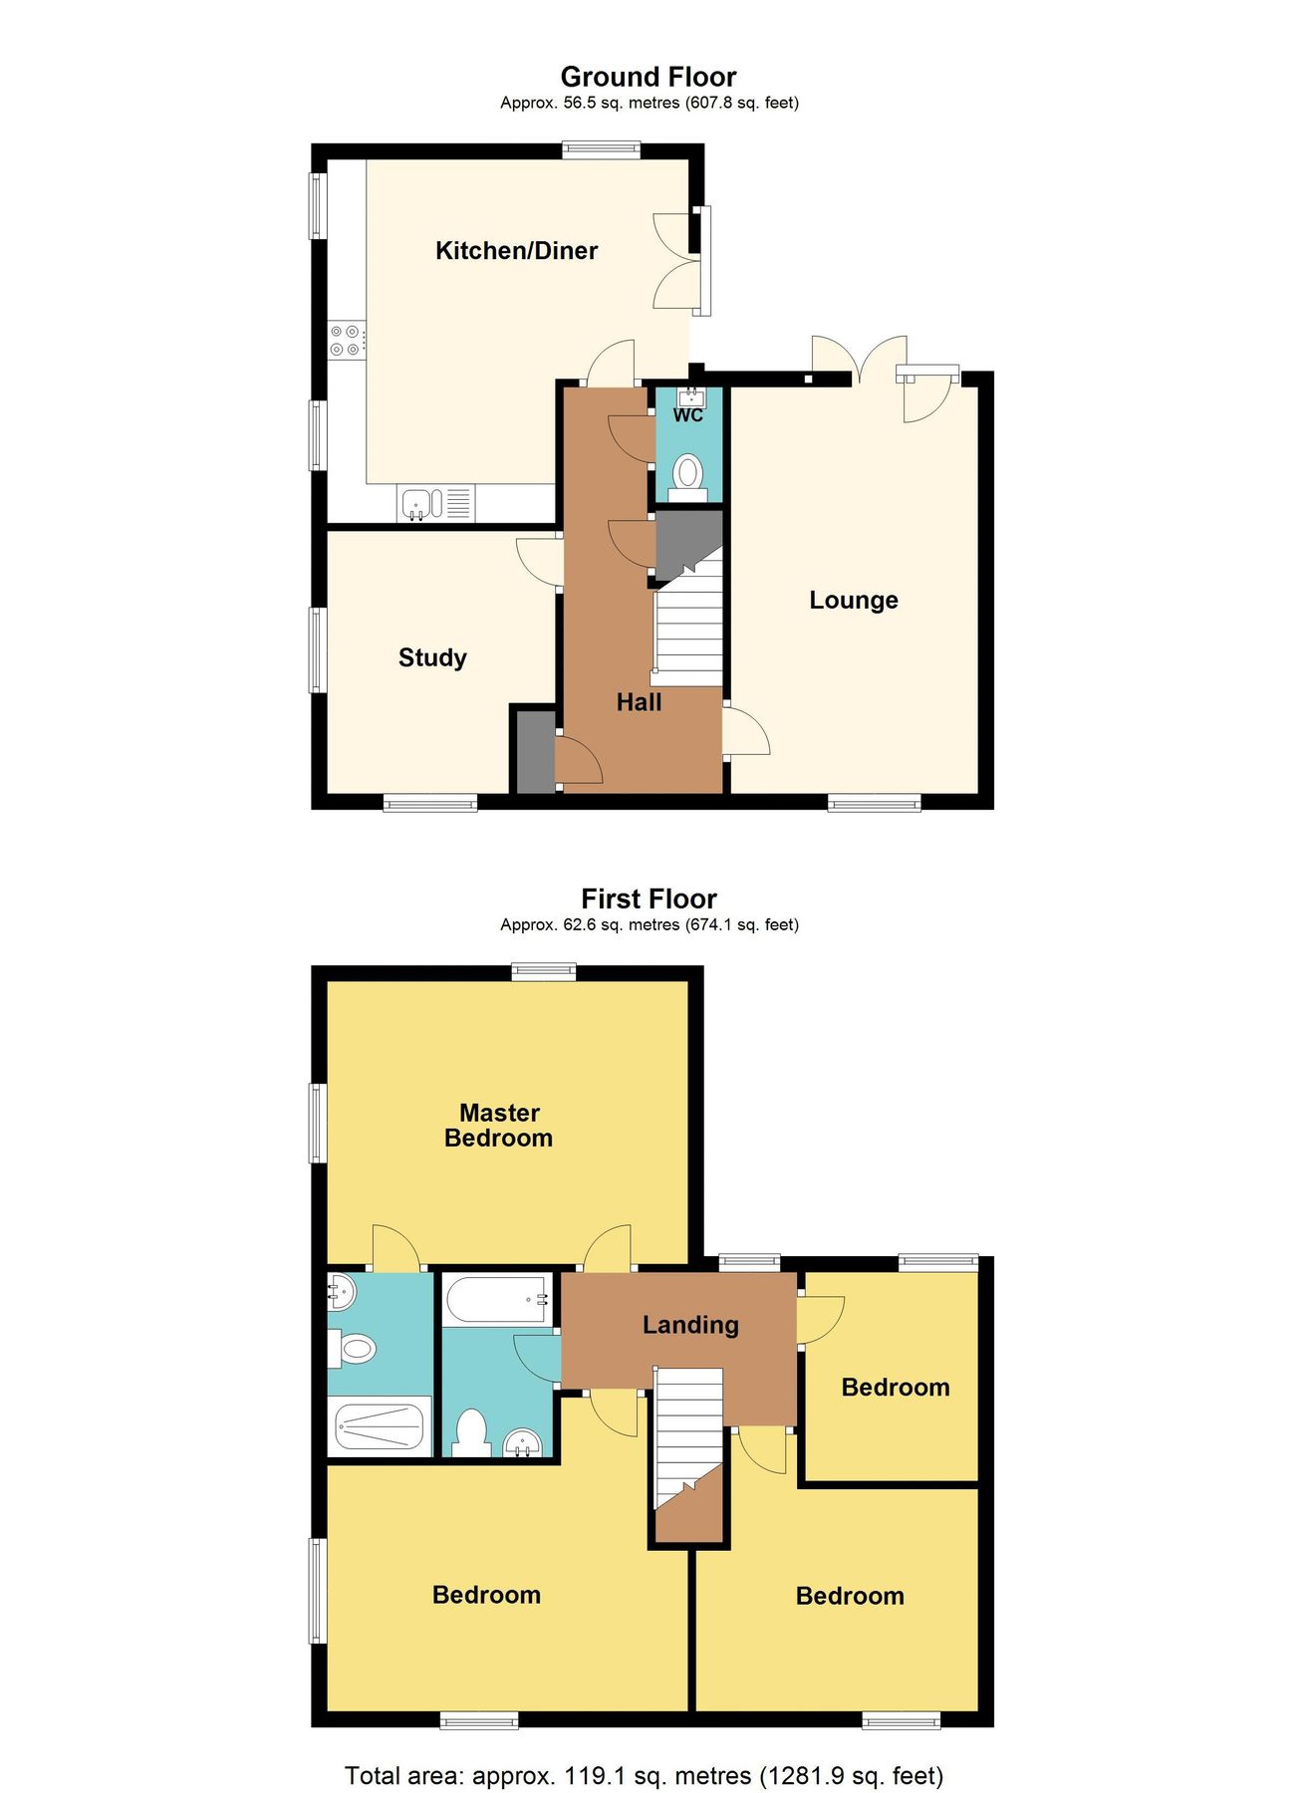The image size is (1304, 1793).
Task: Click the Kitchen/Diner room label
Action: [516, 250]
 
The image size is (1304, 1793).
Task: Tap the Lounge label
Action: [853, 600]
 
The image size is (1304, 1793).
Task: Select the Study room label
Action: [432, 657]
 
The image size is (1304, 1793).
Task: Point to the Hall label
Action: [639, 702]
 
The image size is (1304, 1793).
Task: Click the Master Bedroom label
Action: [499, 1126]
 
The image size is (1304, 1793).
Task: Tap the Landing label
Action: [690, 1325]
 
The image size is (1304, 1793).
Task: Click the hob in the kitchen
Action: [346, 340]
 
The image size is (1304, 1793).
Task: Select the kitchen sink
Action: [421, 503]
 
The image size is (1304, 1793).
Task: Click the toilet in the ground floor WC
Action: [687, 473]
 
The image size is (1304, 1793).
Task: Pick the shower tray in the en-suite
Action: [379, 1426]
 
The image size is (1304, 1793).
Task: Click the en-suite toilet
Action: [354, 1350]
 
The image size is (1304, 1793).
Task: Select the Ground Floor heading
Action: [649, 77]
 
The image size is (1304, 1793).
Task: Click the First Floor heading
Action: [649, 898]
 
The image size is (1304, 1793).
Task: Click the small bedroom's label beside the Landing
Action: [895, 1388]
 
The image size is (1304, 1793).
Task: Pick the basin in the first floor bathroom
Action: [522, 1441]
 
